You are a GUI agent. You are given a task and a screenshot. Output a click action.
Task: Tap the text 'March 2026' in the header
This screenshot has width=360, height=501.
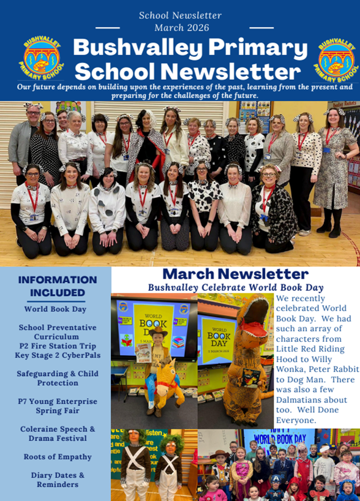[x=181, y=28]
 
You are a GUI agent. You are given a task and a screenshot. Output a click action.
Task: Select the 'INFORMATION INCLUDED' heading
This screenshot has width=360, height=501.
[x=58, y=286]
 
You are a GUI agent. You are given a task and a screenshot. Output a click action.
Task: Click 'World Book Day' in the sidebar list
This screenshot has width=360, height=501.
[x=58, y=309]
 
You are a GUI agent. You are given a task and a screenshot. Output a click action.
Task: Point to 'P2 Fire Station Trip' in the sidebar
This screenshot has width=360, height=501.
[x=58, y=346]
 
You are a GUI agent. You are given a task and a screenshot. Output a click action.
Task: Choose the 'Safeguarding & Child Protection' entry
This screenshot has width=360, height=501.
[x=58, y=378]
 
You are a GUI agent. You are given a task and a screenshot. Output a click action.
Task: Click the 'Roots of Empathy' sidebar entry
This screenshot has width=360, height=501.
[x=58, y=457]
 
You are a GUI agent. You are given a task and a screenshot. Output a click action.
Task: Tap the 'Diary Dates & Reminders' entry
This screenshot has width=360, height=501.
[x=58, y=480]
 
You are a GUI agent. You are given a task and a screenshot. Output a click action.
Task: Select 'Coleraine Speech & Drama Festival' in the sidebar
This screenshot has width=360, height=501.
[x=58, y=434]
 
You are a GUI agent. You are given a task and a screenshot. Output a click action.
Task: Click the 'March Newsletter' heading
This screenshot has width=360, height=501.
[x=236, y=274]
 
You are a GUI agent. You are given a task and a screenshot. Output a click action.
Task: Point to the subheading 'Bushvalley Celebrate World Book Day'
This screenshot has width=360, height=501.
[x=236, y=287]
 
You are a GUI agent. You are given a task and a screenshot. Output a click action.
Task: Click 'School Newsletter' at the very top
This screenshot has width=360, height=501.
[x=180, y=15]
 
